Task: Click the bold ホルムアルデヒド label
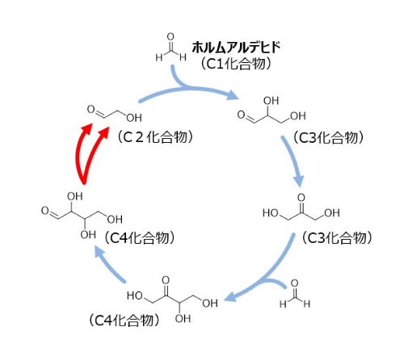click(x=236, y=48)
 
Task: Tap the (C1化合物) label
click(x=236, y=64)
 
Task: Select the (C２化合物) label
click(x=155, y=137)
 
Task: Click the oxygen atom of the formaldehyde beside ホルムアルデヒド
click(x=170, y=36)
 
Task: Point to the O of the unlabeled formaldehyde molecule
click(x=295, y=283)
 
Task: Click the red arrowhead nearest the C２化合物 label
click(x=104, y=132)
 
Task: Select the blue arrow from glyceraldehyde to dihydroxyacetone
click(x=292, y=161)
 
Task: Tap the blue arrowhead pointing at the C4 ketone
click(x=230, y=298)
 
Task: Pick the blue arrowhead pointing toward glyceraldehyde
click(x=232, y=94)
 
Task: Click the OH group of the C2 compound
click(x=134, y=118)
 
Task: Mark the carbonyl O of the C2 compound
click(x=91, y=109)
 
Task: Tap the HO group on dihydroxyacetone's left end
click(x=271, y=213)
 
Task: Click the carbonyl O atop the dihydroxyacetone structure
click(x=301, y=198)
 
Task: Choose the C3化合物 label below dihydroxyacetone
click(x=337, y=238)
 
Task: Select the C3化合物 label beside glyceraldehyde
click(x=328, y=138)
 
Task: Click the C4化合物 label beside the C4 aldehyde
click(x=140, y=238)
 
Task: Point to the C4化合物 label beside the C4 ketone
click(x=124, y=320)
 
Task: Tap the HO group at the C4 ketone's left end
click(x=135, y=295)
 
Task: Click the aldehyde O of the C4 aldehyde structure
click(x=45, y=211)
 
